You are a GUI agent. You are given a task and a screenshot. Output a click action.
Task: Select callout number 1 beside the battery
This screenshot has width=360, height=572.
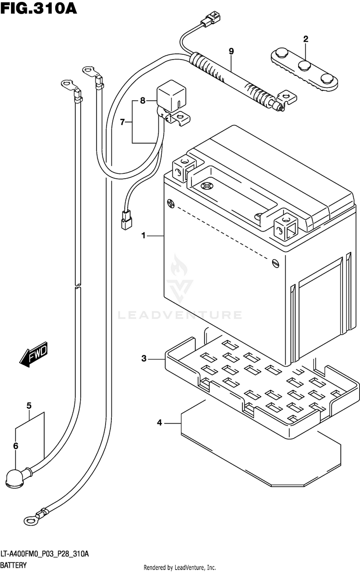click(x=143, y=235)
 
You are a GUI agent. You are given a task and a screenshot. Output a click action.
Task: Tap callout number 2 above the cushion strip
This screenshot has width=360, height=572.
click(x=305, y=39)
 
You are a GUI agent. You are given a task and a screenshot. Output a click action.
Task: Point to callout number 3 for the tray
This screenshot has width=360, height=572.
click(x=143, y=358)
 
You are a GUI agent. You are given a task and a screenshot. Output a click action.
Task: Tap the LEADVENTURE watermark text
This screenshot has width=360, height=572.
click(x=180, y=315)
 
